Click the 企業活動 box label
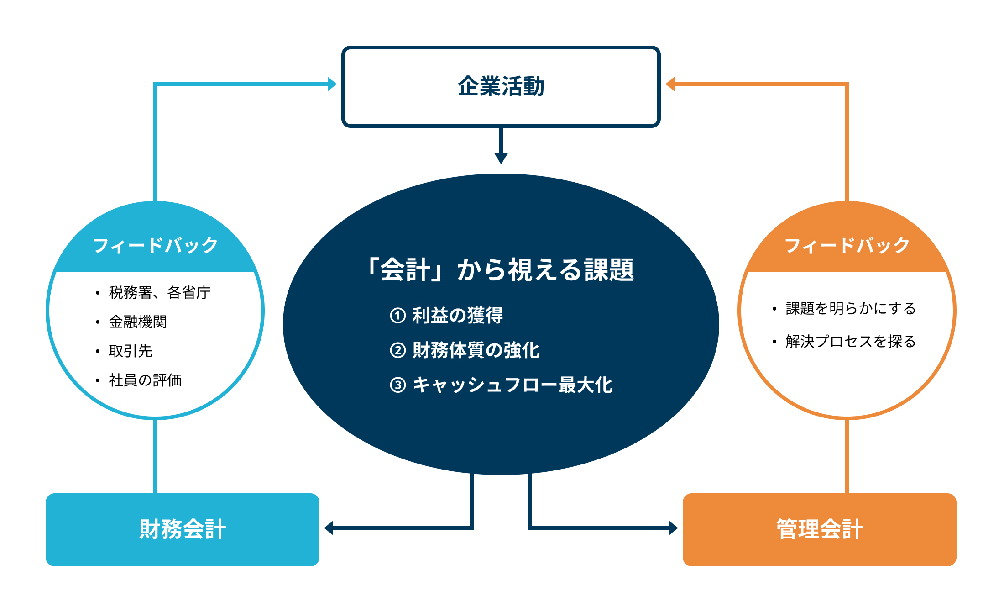[501, 86]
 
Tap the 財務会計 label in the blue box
[183, 529]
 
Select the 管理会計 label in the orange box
[820, 529]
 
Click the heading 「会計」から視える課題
[501, 269]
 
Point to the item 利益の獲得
[457, 315]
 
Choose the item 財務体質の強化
[476, 350]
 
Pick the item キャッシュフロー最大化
[512, 385]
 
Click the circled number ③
[397, 385]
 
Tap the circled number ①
[397, 315]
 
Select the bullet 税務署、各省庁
[160, 292]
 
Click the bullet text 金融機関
[138, 322]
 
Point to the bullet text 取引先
[131, 351]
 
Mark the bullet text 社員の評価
[145, 380]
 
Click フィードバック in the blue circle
[155, 245]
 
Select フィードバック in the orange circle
[847, 245]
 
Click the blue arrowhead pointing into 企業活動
[332, 84]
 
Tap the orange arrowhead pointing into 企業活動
[670, 84]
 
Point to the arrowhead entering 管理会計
[674, 528]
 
